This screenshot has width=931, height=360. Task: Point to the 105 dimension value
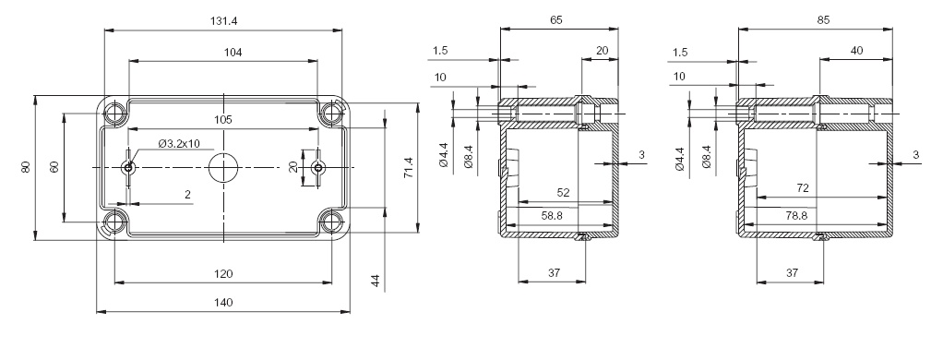[222, 120]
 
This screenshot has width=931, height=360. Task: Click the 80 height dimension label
[28, 167]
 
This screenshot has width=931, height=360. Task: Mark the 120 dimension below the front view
[222, 273]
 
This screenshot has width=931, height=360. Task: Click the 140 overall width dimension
[222, 303]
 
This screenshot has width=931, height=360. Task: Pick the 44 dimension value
[376, 281]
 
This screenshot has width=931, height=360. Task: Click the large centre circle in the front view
[223, 167]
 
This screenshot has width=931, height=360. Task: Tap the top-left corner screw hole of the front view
[115, 113]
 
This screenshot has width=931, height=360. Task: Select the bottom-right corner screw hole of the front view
[331, 222]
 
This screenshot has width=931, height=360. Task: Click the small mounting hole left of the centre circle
[128, 167]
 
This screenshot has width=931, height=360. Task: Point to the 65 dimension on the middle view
[555, 19]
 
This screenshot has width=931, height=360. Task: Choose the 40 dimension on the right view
[856, 51]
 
